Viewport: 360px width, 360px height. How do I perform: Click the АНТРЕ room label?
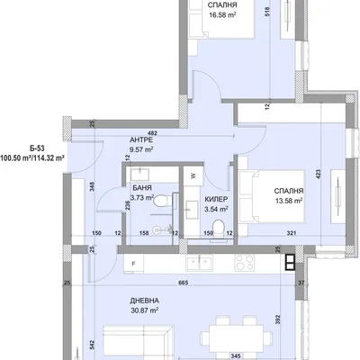tap(141, 139)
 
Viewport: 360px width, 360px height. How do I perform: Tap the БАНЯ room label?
tap(142, 188)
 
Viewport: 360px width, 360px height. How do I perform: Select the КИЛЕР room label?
tap(216, 199)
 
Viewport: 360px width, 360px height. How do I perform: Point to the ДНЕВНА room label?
tap(145, 301)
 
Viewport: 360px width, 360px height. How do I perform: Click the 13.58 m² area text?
tap(289, 201)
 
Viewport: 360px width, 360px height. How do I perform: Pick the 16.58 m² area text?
tap(222, 14)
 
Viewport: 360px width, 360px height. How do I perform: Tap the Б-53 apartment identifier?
tap(37, 148)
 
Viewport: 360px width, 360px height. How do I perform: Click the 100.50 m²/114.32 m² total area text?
tap(32, 157)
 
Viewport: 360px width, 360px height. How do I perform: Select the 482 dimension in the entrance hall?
tap(152, 133)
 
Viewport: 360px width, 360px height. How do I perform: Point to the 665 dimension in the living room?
tap(183, 283)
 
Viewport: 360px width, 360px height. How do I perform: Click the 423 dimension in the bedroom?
tap(319, 175)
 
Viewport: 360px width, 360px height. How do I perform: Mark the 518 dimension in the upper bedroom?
tap(268, 12)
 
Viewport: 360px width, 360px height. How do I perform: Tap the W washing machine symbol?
tap(193, 175)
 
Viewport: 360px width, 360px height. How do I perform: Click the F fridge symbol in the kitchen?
tap(134, 264)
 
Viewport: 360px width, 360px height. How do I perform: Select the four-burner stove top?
tap(245, 262)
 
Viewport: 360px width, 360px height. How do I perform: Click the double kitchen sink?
tap(199, 262)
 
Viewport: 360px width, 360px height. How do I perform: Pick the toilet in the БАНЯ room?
tap(160, 201)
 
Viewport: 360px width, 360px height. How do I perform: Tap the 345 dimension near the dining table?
tap(237, 355)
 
